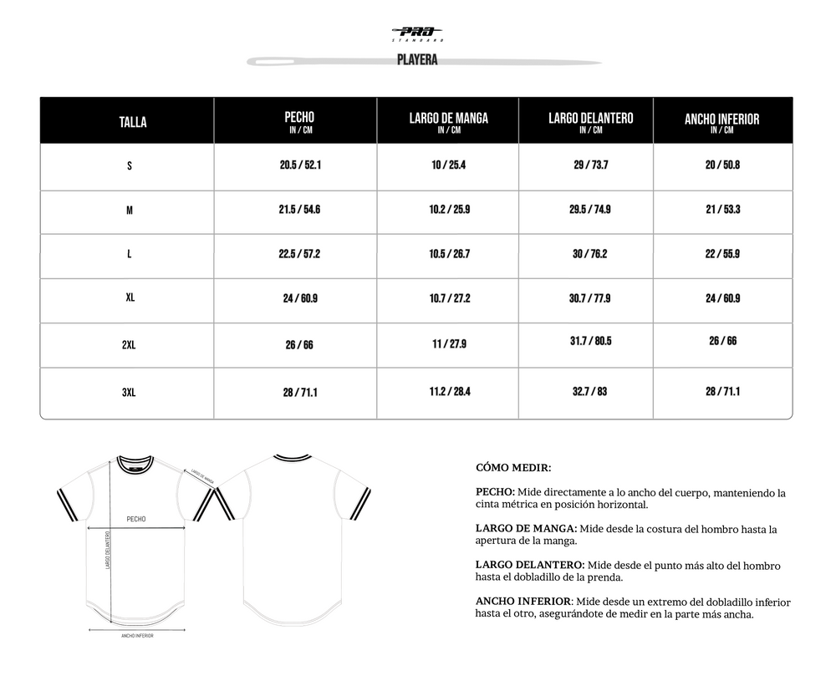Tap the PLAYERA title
418,60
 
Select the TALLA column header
133,122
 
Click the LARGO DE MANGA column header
448,121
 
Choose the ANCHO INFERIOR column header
721,122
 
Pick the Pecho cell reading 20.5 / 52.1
300,165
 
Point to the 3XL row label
129,391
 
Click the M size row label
129,211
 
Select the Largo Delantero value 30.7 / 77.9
589,298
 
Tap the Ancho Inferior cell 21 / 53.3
721,210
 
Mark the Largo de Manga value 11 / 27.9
448,344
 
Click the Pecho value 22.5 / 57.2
300,254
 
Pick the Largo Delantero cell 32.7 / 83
589,390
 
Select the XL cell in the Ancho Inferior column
721,298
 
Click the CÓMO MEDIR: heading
512,468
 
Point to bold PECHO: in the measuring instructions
495,493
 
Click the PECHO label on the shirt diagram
135,519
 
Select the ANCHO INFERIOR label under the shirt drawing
137,636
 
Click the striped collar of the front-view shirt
135,461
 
